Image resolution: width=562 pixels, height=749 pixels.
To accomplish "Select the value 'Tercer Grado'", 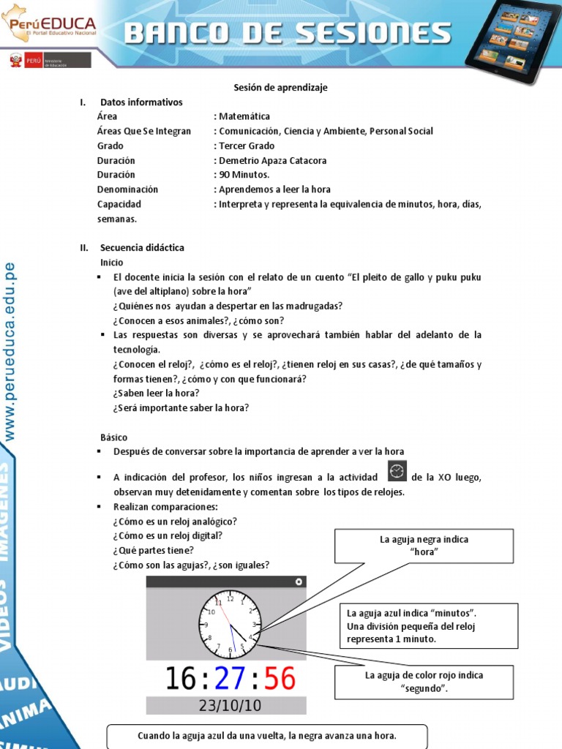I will pyautogui.click(x=247, y=146).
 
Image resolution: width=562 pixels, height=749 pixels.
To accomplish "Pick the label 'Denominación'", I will pyautogui.click(x=127, y=189).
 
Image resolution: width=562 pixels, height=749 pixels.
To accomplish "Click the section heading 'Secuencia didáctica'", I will pyautogui.click(x=142, y=247).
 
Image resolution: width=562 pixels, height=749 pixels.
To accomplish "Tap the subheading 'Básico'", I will pyautogui.click(x=113, y=437).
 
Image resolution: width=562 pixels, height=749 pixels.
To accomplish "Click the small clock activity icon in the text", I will pyautogui.click(x=397, y=470).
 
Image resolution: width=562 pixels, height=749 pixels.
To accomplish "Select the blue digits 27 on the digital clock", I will pyautogui.click(x=230, y=679).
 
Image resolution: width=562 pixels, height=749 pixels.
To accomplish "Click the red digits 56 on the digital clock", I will pyautogui.click(x=280, y=679).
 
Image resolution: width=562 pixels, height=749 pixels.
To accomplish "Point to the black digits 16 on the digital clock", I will pyautogui.click(x=180, y=679).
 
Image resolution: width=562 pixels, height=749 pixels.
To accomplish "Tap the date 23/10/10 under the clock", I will pyautogui.click(x=226, y=706).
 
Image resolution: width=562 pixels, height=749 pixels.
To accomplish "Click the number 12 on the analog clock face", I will pyautogui.click(x=231, y=598).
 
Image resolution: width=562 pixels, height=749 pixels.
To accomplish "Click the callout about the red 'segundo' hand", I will pyautogui.click(x=424, y=682).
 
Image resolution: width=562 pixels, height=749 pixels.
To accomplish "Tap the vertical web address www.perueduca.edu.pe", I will pyautogui.click(x=10, y=351).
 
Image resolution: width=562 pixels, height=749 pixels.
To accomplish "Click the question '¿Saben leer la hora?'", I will pyautogui.click(x=156, y=393).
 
